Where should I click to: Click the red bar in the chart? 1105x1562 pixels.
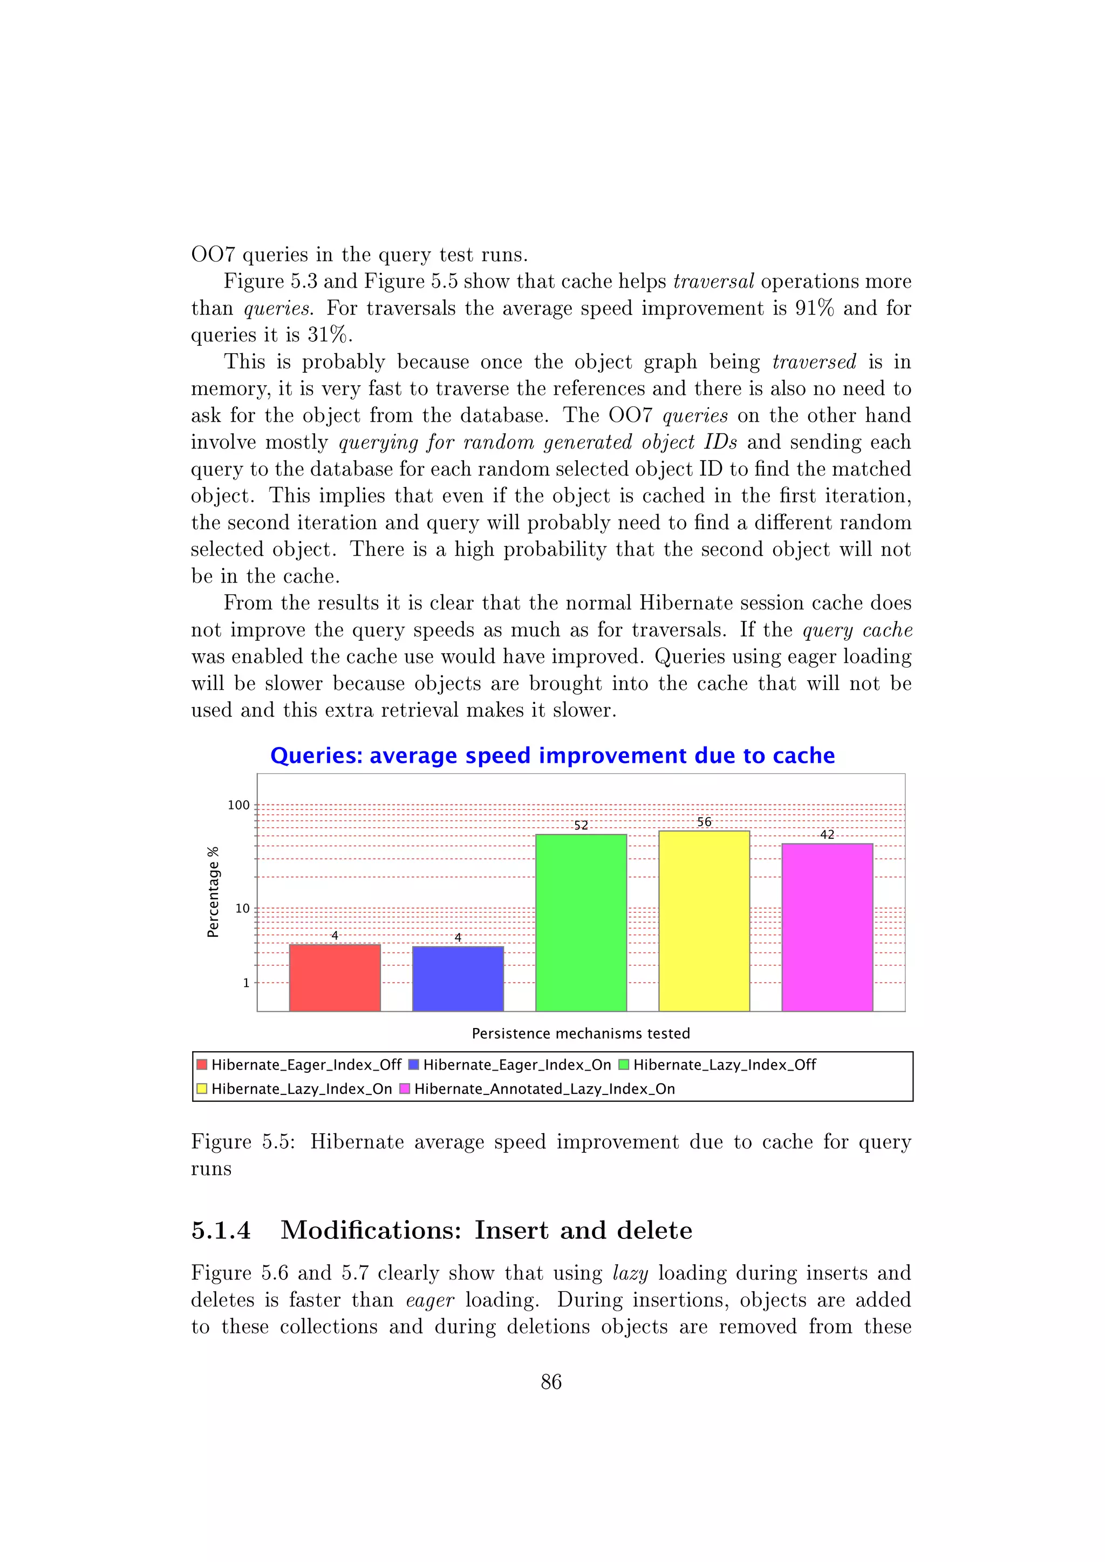coord(334,978)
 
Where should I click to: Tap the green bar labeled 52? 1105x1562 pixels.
coord(581,922)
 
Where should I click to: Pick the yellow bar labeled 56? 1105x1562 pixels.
coord(704,921)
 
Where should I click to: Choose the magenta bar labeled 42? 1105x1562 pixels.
coord(827,927)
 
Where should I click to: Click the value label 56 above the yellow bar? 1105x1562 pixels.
coord(704,822)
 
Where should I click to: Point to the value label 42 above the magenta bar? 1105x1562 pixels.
coord(827,834)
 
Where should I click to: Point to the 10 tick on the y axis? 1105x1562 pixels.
coord(242,908)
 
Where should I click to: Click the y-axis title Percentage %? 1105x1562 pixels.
coord(213,892)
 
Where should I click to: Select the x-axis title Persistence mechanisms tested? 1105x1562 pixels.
coord(581,1033)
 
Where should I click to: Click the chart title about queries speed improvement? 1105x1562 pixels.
coord(552,755)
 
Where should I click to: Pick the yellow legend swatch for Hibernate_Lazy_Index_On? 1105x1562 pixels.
coord(201,1088)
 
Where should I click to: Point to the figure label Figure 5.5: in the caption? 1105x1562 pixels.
coord(243,1142)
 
